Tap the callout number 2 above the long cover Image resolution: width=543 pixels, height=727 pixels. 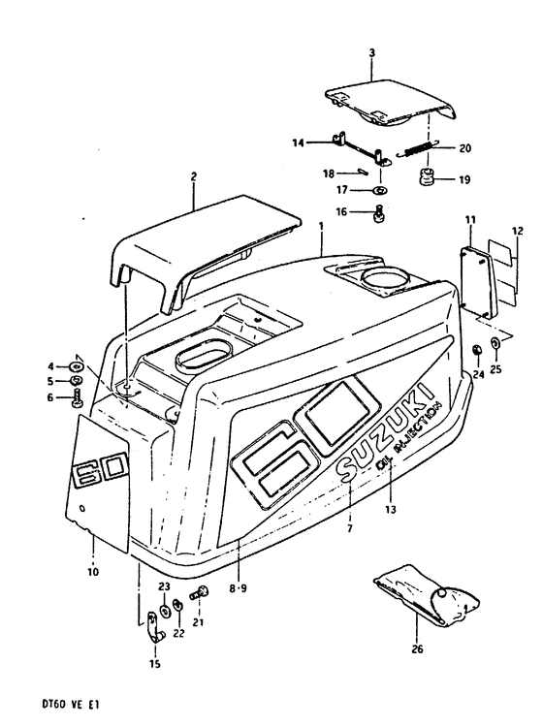point(193,176)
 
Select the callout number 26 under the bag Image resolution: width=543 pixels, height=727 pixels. point(418,649)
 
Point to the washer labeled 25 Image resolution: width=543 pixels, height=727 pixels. point(496,344)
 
